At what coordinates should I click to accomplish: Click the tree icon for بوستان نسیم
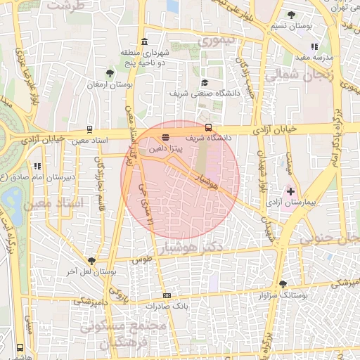click(x=292, y=15)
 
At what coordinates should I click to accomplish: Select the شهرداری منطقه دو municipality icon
click(x=144, y=41)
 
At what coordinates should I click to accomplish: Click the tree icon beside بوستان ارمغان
click(x=109, y=72)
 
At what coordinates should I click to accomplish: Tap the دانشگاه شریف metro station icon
click(x=208, y=127)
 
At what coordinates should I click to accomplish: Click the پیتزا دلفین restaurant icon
click(x=165, y=137)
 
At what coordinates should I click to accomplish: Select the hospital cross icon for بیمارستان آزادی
click(x=290, y=191)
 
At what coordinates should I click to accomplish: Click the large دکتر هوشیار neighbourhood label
click(x=192, y=247)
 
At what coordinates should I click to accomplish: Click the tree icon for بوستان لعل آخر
click(x=91, y=261)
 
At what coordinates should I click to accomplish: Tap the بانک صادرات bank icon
click(x=167, y=295)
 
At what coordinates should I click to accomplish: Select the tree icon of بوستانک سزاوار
click(x=283, y=284)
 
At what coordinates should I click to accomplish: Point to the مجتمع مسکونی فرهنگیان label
click(x=123, y=336)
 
